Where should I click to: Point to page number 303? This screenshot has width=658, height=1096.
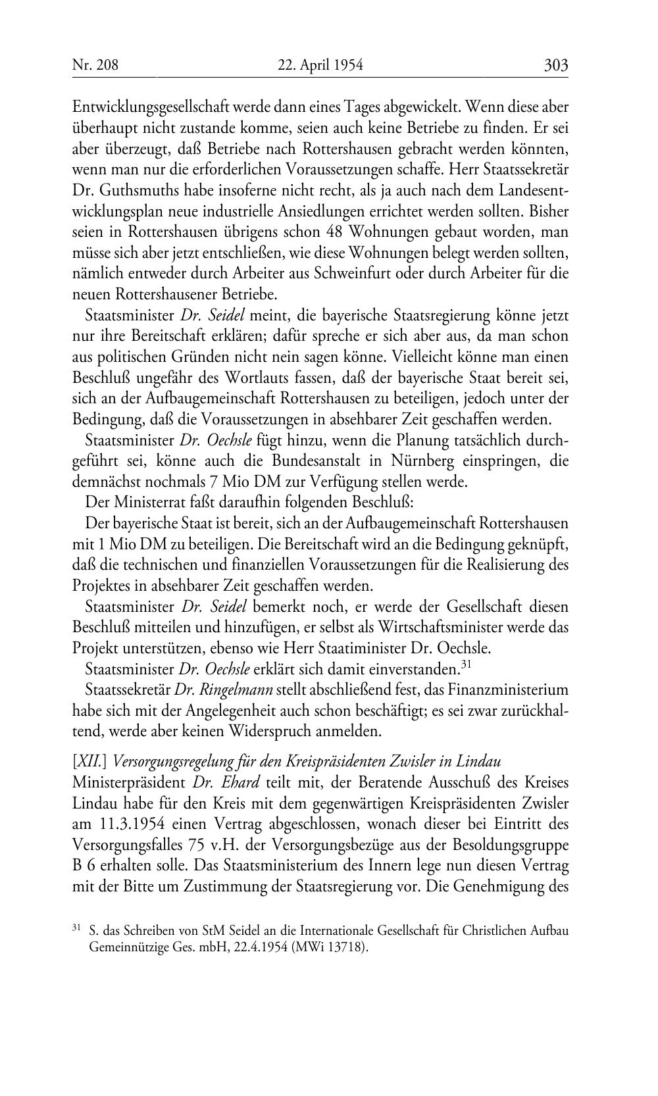click(x=555, y=65)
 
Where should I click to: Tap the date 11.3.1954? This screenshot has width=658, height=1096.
click(x=127, y=824)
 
